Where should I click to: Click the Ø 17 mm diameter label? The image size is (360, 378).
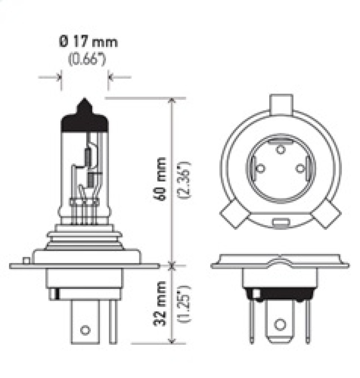pos(88,42)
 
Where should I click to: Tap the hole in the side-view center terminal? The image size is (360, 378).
pos(85,330)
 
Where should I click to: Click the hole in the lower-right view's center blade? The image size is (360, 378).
pos(280,324)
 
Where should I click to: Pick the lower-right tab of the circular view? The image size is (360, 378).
pos(327,215)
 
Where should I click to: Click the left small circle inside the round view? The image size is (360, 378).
pos(260,169)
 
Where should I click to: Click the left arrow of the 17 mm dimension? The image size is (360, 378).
pos(58,77)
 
